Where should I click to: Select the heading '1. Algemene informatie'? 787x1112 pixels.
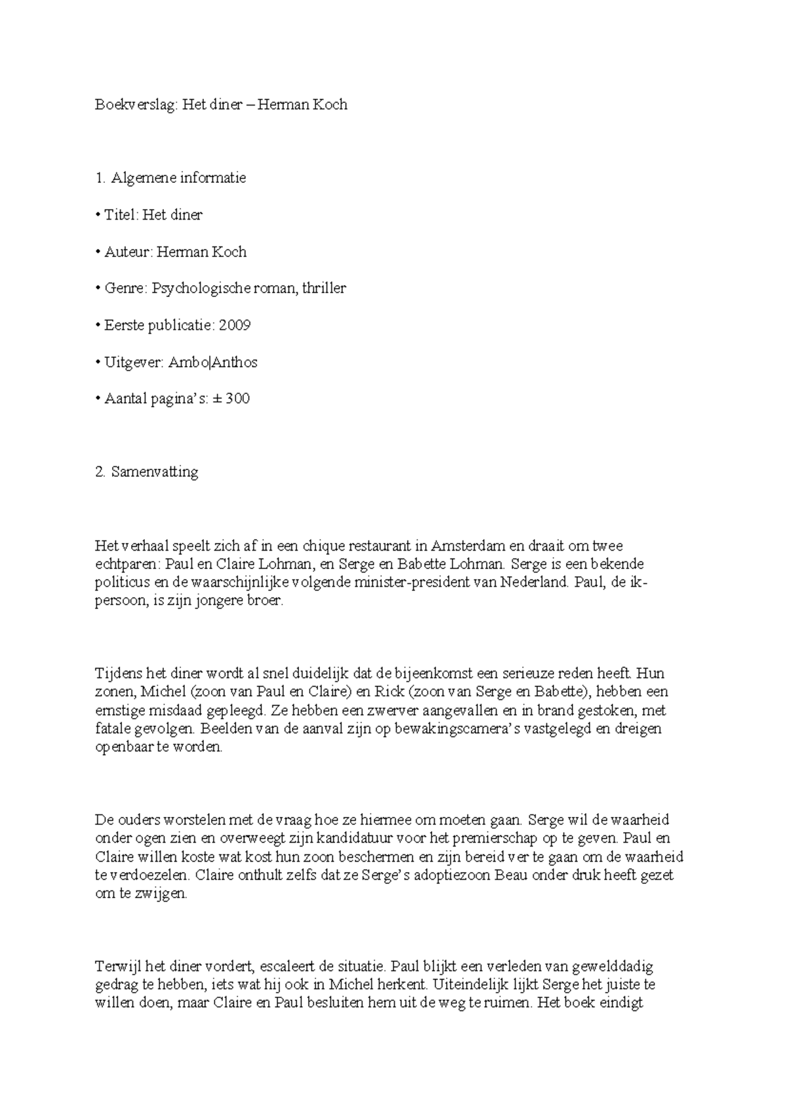171,178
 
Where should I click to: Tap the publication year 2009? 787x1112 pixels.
235,325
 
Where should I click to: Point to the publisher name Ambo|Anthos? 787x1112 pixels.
212,362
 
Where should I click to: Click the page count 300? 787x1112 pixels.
237,399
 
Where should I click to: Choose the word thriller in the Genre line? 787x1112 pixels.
324,288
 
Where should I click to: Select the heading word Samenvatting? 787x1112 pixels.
155,472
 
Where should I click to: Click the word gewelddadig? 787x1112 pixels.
613,966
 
